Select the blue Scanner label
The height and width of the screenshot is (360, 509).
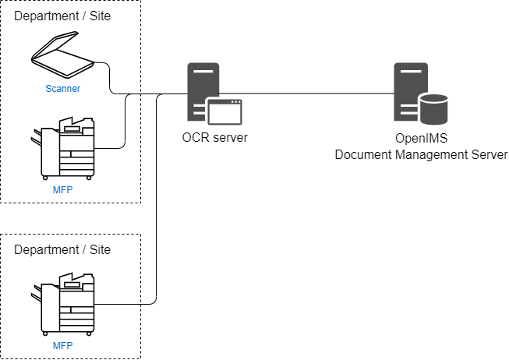(x=63, y=89)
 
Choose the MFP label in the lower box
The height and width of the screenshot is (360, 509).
(x=63, y=345)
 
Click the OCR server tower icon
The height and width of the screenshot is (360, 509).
(x=200, y=92)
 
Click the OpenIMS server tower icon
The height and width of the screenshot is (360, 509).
(x=409, y=92)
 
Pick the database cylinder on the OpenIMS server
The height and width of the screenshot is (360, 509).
(x=433, y=110)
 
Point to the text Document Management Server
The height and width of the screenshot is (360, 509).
(x=421, y=154)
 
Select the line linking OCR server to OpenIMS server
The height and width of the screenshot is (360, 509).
(x=312, y=94)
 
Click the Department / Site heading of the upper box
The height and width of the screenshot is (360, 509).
(x=62, y=16)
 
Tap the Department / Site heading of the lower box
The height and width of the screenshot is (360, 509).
(x=62, y=250)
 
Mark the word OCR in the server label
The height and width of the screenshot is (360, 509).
(x=194, y=139)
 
